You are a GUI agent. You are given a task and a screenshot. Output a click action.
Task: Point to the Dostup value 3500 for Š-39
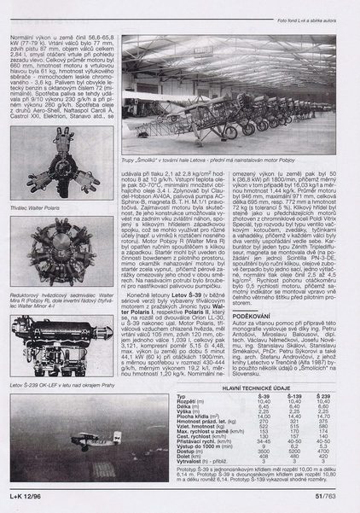click(264, 449)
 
